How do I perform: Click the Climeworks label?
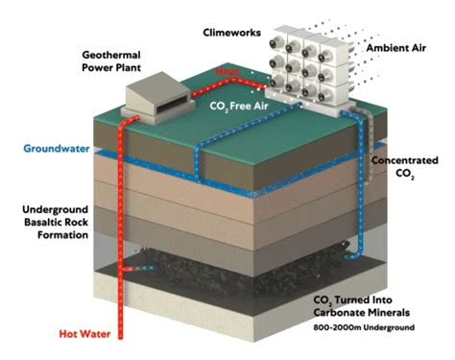pos(232,32)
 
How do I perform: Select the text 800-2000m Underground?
pos(369,329)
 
